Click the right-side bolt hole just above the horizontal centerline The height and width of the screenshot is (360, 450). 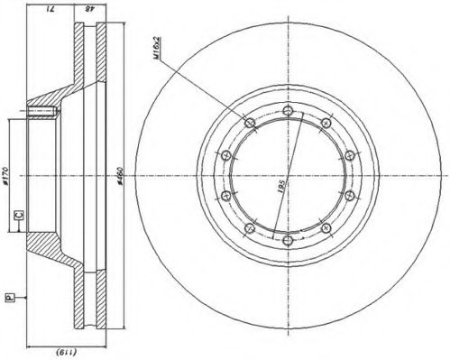345,156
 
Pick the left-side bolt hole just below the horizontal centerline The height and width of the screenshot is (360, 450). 224,194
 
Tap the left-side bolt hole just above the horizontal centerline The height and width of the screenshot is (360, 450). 224,156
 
